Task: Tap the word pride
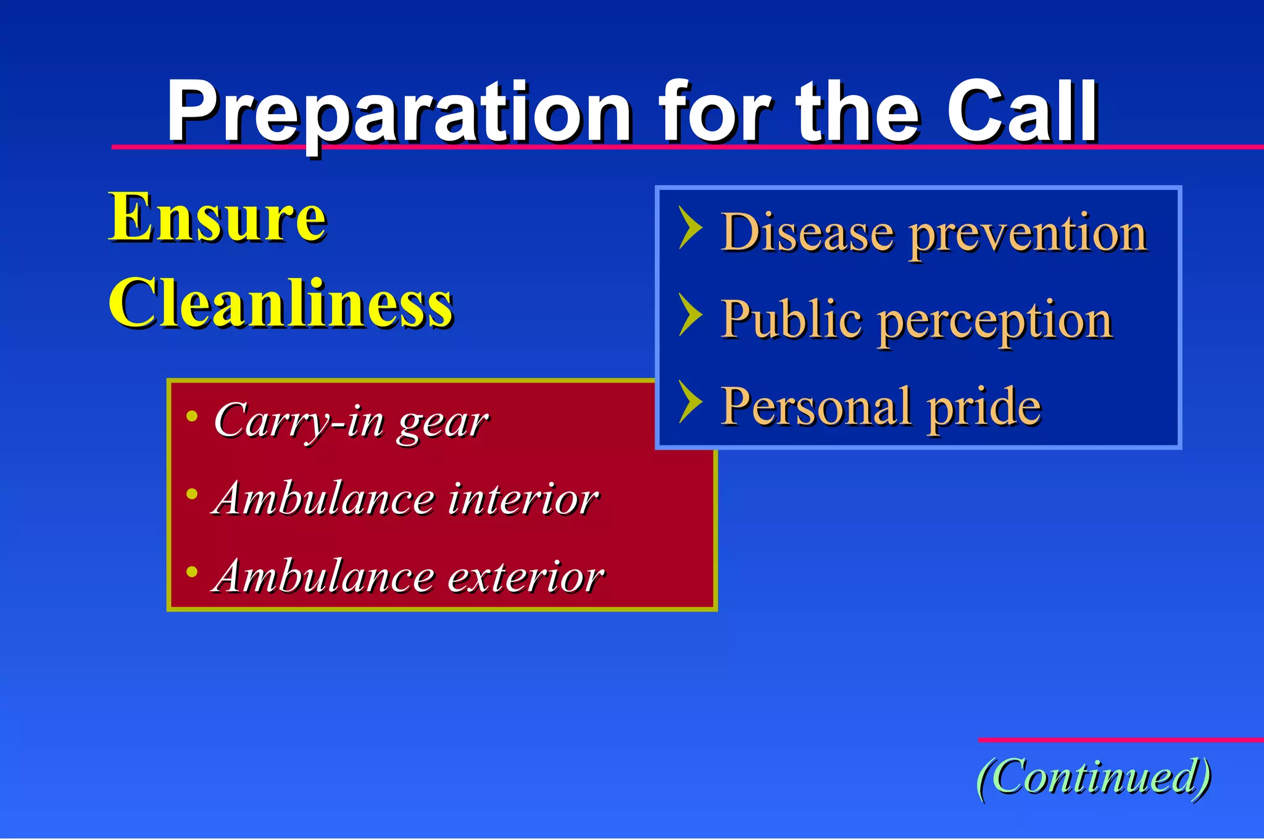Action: pos(984,407)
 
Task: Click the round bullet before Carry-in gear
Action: pos(192,416)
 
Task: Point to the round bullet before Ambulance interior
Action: pos(192,494)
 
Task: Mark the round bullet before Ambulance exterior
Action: pos(192,572)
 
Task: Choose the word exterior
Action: pos(525,577)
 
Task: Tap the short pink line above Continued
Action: pos(1120,740)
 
